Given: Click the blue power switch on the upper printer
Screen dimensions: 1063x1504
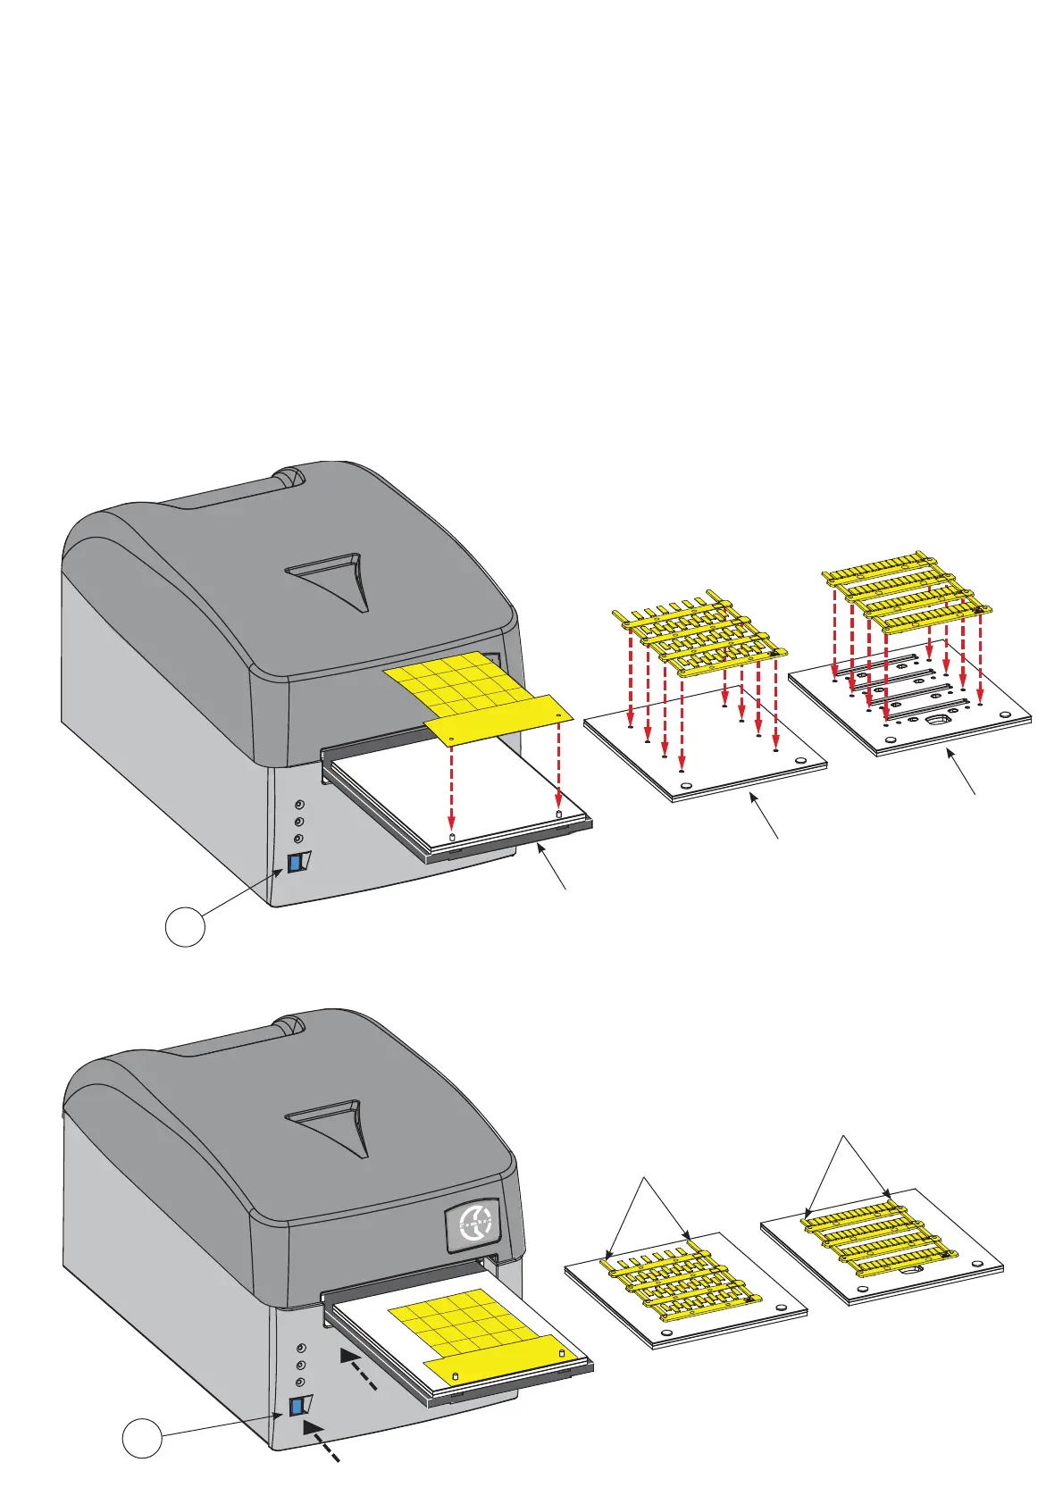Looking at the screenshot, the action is coord(294,864).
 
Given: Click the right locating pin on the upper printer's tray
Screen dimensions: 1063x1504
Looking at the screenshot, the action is coord(559,815).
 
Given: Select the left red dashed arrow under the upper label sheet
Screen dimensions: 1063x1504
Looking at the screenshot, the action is coord(452,786).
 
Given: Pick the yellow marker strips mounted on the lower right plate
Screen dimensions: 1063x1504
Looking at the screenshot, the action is coord(877,1236).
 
